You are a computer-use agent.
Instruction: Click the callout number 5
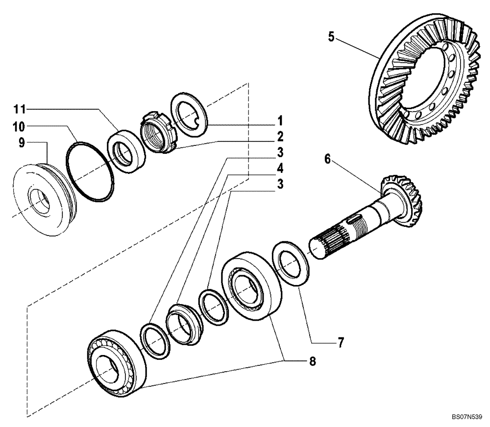332,37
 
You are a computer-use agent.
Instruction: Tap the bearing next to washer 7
252,289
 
